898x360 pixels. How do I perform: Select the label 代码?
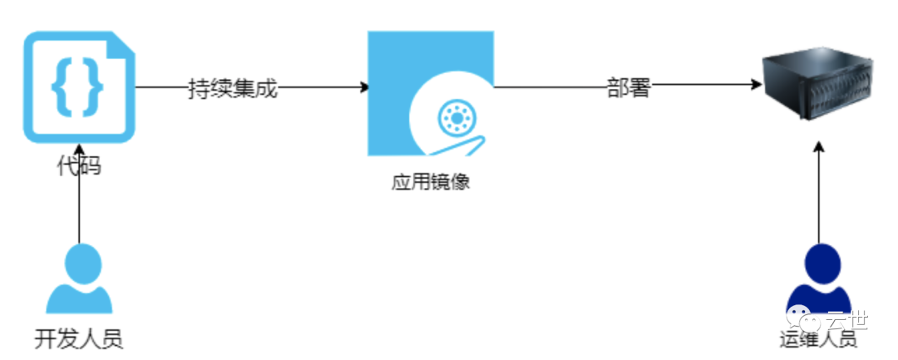click(79, 165)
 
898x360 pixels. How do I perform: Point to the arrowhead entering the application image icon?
click(363, 86)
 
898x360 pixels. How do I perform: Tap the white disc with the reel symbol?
click(454, 121)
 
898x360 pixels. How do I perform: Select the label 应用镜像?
click(431, 181)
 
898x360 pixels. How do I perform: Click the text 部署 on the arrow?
click(628, 87)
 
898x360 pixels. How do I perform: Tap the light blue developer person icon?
click(79, 279)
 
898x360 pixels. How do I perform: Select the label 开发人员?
click(79, 339)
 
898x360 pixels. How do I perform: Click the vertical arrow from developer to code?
click(79, 208)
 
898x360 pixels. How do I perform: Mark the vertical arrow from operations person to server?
click(818, 195)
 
